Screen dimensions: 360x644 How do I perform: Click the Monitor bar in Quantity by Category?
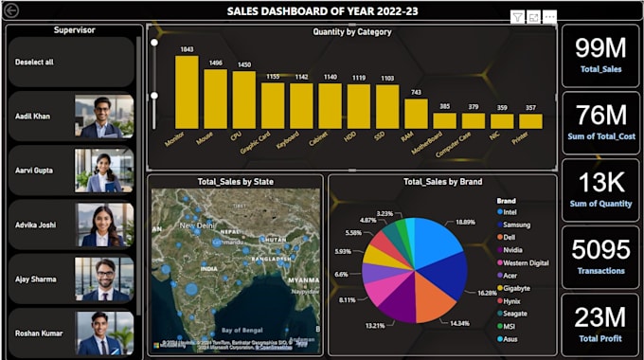coord(187,92)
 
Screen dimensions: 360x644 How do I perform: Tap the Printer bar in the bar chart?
coord(530,121)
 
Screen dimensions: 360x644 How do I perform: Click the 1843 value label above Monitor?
coord(187,49)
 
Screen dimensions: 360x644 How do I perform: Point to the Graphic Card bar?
coord(273,105)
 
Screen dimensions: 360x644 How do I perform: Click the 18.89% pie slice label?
coord(465,221)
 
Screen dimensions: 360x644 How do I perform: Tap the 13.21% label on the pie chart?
coord(376,325)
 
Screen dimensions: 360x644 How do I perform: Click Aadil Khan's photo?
coord(104,117)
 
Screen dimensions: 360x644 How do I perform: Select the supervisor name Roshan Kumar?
coord(39,333)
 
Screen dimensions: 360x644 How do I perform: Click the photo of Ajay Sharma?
coord(104,279)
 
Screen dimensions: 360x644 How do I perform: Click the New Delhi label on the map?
coord(199,226)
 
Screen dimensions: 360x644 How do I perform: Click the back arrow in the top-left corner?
coord(11,10)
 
